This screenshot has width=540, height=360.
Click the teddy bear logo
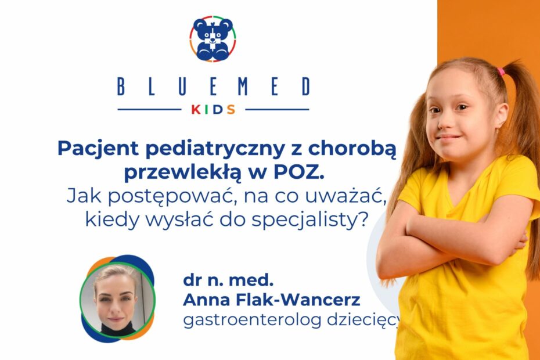[213, 38]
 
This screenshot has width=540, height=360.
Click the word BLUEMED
[214, 87]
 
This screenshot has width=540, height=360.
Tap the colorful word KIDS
[213, 110]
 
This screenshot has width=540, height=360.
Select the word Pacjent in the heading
[98, 149]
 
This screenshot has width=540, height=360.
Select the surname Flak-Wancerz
[298, 300]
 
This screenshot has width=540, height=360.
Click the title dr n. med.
[228, 280]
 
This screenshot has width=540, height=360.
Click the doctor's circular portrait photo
[117, 299]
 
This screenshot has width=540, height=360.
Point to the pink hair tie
[501, 71]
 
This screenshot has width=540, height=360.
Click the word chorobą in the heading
[352, 149]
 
